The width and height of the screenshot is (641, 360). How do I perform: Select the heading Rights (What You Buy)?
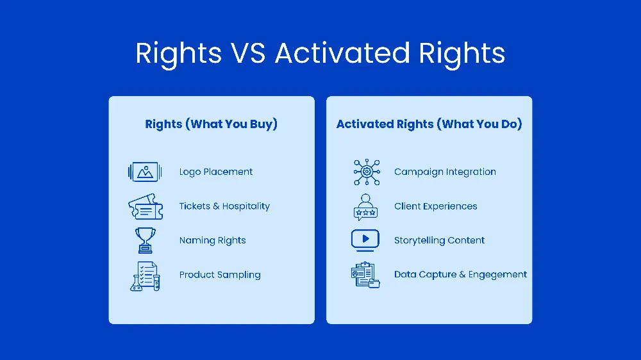[x=212, y=124]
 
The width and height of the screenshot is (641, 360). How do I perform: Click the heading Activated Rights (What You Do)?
[x=429, y=124]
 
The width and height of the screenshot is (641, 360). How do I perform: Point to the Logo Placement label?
[x=216, y=172]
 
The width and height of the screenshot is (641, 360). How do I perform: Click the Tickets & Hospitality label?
[x=224, y=206]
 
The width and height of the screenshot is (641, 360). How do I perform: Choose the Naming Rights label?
[x=212, y=240]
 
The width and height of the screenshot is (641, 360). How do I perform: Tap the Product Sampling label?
[x=220, y=275]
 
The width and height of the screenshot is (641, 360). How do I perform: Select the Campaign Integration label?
[x=445, y=172]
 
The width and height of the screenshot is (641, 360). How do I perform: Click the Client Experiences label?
[x=435, y=206]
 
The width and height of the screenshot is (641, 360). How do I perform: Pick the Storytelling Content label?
[x=439, y=240]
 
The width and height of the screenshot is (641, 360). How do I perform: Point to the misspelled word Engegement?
[x=497, y=275]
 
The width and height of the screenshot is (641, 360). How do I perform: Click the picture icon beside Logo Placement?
[x=144, y=172]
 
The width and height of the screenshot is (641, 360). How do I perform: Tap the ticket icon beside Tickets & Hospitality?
[x=145, y=207]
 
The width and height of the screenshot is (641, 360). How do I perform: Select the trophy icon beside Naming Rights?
[x=145, y=240]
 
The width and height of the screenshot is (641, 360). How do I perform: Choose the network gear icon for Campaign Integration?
[x=366, y=172]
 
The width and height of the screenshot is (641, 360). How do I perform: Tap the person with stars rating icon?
[x=365, y=206]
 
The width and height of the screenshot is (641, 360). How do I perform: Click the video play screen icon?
[x=365, y=240]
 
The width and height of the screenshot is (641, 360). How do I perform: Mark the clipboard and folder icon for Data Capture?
[x=365, y=275]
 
